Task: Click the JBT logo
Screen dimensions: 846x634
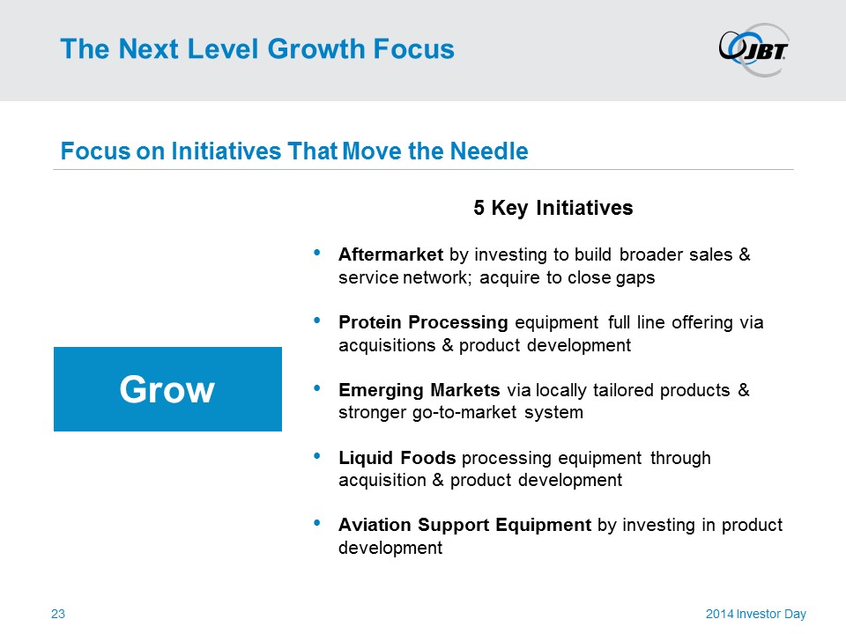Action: click(x=753, y=49)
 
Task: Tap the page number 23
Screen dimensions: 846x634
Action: click(x=58, y=614)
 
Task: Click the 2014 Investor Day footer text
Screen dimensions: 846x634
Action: click(x=756, y=614)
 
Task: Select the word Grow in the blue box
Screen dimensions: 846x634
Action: click(x=167, y=389)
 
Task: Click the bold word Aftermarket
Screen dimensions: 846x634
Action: click(x=390, y=254)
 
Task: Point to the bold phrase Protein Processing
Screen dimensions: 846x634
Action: click(x=423, y=322)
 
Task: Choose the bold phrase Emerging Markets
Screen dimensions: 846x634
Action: click(x=419, y=390)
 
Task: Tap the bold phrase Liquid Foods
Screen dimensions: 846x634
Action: click(x=397, y=458)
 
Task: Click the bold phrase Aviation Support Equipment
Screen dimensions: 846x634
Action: click(x=464, y=525)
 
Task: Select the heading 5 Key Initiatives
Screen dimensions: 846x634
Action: click(x=553, y=208)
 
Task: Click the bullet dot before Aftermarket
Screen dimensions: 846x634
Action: click(x=316, y=253)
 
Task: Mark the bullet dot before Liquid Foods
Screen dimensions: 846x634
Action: click(x=316, y=456)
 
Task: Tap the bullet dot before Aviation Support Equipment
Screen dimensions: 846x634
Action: click(x=316, y=522)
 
